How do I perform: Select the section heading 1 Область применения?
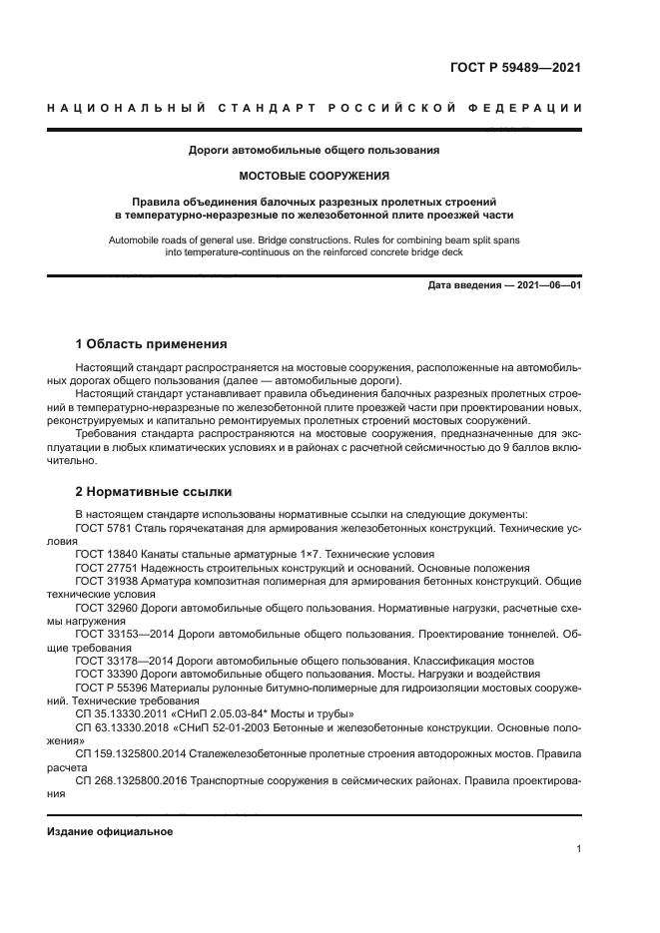coord(152,344)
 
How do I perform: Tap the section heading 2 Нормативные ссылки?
coord(154,492)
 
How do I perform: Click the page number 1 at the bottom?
coord(578,849)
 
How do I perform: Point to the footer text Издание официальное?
coord(111,831)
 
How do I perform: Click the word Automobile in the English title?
coord(132,240)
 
